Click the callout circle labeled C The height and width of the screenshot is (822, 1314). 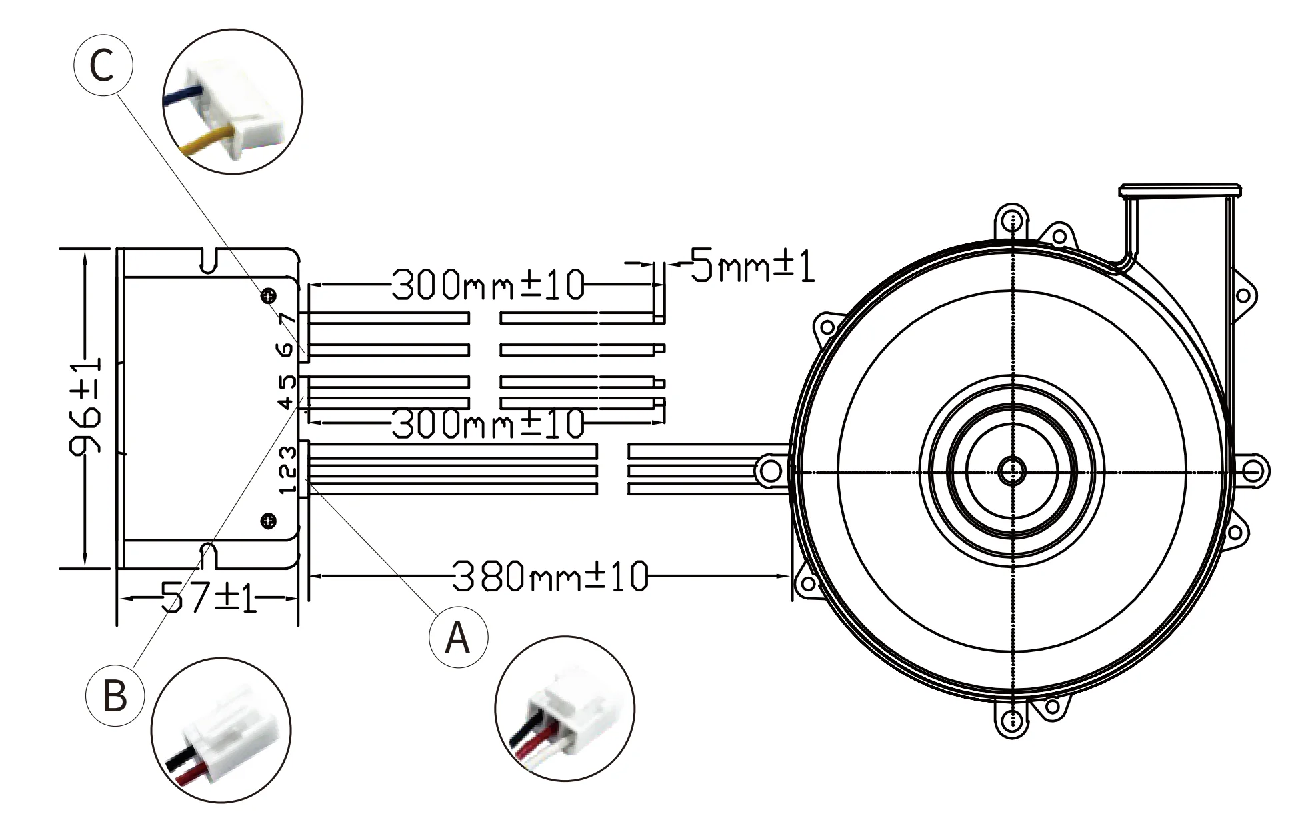click(103, 65)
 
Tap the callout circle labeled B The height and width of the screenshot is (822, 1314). click(115, 696)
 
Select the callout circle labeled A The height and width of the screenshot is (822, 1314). click(457, 637)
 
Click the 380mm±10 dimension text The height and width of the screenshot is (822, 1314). click(550, 576)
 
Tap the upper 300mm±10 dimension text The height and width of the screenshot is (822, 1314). click(487, 285)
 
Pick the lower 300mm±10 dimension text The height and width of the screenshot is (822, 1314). click(487, 423)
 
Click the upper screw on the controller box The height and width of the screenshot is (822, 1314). click(269, 297)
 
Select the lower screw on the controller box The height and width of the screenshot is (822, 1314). click(269, 521)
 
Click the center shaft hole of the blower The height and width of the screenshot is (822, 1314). click(1012, 471)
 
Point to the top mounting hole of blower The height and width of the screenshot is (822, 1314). click(1012, 221)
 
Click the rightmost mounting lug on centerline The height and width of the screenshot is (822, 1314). click(1253, 471)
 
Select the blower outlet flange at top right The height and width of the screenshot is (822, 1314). click(1179, 191)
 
